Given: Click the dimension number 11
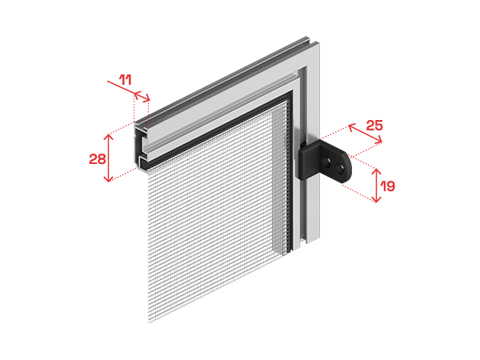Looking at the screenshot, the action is [126, 80].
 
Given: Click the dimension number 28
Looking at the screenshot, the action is [98, 159].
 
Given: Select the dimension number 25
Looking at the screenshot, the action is [374, 126].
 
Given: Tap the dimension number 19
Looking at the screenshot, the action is [387, 186].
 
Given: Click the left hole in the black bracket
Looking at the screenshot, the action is [327, 162].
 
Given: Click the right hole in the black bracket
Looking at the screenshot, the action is [339, 167].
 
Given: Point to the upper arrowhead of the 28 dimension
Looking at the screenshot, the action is [108, 137].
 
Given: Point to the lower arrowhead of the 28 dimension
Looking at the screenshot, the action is [108, 178].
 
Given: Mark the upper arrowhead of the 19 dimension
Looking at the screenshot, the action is [376, 171].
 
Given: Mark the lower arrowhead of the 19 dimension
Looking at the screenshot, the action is [376, 199].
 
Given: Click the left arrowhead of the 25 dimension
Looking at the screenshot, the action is [351, 126].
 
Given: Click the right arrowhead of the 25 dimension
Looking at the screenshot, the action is [379, 141].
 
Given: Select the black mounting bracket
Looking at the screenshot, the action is [325, 161].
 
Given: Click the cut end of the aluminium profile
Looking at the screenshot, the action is [142, 147].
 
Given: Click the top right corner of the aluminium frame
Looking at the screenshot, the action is [318, 43].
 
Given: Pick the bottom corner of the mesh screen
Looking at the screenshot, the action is [150, 322].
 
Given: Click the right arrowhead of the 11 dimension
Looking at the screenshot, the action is [147, 98].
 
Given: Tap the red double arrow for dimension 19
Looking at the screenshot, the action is [376, 186].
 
